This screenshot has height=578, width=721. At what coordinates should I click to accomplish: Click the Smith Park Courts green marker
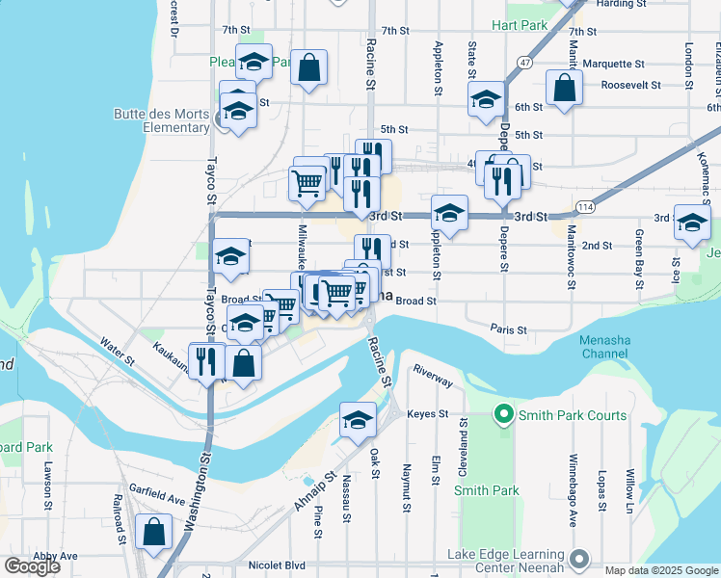click(x=502, y=416)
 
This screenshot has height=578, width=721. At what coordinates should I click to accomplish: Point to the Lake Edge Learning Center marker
click(x=578, y=559)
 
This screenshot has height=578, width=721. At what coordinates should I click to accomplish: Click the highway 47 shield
click(x=524, y=62)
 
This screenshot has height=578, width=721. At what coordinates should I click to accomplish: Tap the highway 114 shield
click(x=585, y=207)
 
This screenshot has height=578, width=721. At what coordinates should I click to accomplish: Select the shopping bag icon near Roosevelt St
click(x=564, y=88)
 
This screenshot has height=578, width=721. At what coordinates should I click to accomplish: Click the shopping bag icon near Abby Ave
click(x=154, y=531)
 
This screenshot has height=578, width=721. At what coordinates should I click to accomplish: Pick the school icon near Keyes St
click(x=358, y=420)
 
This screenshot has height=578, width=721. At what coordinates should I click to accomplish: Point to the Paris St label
click(x=508, y=329)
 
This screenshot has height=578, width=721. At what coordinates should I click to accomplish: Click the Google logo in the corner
click(x=32, y=566)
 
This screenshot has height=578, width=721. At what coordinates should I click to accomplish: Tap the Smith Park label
click(x=487, y=490)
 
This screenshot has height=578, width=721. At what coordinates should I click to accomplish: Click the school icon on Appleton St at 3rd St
click(x=449, y=212)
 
